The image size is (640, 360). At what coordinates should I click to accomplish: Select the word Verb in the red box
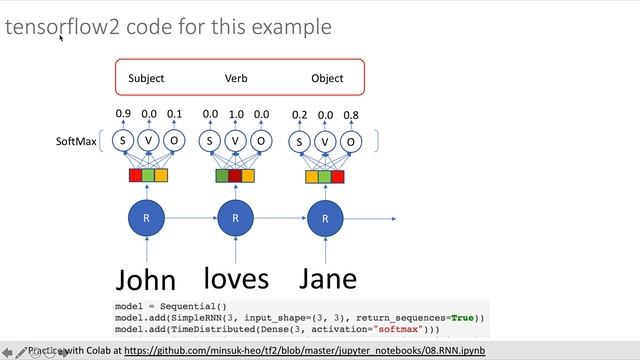(236, 78)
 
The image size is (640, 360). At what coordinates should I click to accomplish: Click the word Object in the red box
(327, 78)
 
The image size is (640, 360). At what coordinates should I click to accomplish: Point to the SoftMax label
(76, 142)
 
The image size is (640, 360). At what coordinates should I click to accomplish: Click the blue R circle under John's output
(148, 218)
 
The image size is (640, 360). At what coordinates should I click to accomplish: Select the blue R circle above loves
(236, 218)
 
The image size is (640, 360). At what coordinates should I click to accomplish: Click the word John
(146, 279)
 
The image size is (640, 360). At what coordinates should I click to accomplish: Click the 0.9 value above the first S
(123, 115)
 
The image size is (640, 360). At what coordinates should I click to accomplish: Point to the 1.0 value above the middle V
(236, 115)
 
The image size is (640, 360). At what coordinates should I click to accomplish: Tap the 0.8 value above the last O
(351, 116)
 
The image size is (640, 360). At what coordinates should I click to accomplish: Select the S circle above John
(123, 142)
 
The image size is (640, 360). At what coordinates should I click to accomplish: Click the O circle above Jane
(351, 142)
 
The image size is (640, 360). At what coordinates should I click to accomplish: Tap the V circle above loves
(236, 142)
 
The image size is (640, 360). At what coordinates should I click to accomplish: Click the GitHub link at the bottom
(305, 351)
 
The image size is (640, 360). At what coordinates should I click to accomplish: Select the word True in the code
(463, 318)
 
